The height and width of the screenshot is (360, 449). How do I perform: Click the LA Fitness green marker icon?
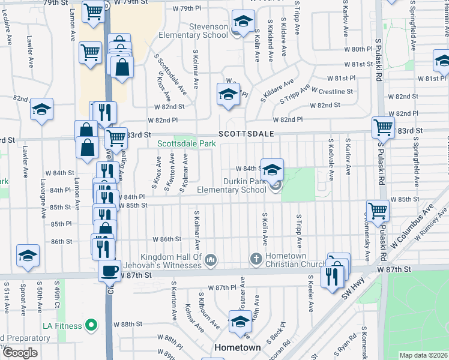pos(91,326)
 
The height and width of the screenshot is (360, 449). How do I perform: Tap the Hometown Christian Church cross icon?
pos(256,259)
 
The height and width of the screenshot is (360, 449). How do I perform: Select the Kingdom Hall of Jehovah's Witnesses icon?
pos(210,260)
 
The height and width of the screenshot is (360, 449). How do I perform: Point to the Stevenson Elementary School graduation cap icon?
pos(243,22)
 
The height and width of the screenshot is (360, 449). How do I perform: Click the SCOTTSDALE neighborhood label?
pos(246,133)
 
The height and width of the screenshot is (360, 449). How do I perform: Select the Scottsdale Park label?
pos(187,144)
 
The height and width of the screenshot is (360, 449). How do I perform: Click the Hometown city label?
pos(238,347)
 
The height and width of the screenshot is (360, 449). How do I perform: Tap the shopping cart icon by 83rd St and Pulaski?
pos(383,127)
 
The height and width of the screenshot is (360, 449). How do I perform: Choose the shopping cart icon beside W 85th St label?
pos(378,211)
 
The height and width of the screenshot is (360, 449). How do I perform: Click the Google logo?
pos(20,353)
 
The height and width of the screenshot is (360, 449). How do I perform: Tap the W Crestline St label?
pos(332,91)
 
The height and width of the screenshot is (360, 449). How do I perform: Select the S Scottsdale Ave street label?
pos(171,74)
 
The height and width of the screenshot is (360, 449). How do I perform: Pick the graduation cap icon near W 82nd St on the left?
pos(41,109)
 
